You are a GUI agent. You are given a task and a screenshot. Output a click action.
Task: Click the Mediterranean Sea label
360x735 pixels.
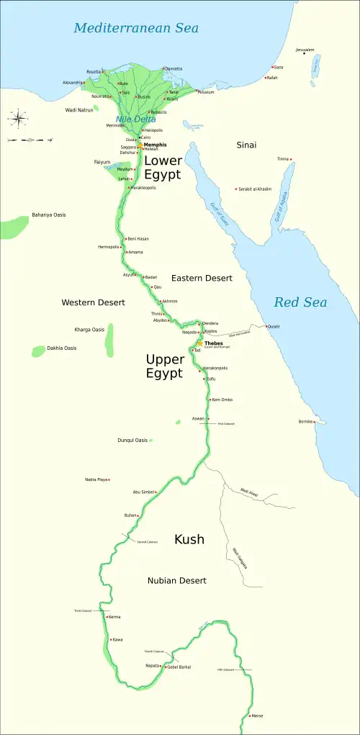pos(136,29)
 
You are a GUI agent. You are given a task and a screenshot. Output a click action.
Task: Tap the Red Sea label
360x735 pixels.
pos(300,302)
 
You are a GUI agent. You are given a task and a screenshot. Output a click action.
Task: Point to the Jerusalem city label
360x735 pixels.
pos(305,50)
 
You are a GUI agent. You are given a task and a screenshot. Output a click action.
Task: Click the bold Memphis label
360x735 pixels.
pos(155,145)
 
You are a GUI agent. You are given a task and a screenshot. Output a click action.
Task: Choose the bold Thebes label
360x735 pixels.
pos(215,343)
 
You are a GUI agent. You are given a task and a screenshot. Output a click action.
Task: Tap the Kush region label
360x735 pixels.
pos(189,539)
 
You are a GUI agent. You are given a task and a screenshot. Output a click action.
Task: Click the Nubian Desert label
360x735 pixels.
pos(177,580)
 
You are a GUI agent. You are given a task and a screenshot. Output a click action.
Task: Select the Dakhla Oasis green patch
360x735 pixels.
pos(38,351)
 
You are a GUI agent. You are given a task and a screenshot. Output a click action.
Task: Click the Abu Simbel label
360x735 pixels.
pos(144,492)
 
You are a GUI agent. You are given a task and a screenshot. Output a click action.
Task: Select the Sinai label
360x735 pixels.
pos(246,145)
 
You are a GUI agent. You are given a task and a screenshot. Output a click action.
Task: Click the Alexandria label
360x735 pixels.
pos(73,83)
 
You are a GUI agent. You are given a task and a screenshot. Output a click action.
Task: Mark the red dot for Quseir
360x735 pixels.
pos(266,327)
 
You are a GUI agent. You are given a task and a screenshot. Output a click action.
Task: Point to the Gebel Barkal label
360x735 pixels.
pos(180,667)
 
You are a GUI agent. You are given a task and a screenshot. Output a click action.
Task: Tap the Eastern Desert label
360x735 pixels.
pos(202,278)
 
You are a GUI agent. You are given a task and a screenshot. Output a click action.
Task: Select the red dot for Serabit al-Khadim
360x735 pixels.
pos(237,189)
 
